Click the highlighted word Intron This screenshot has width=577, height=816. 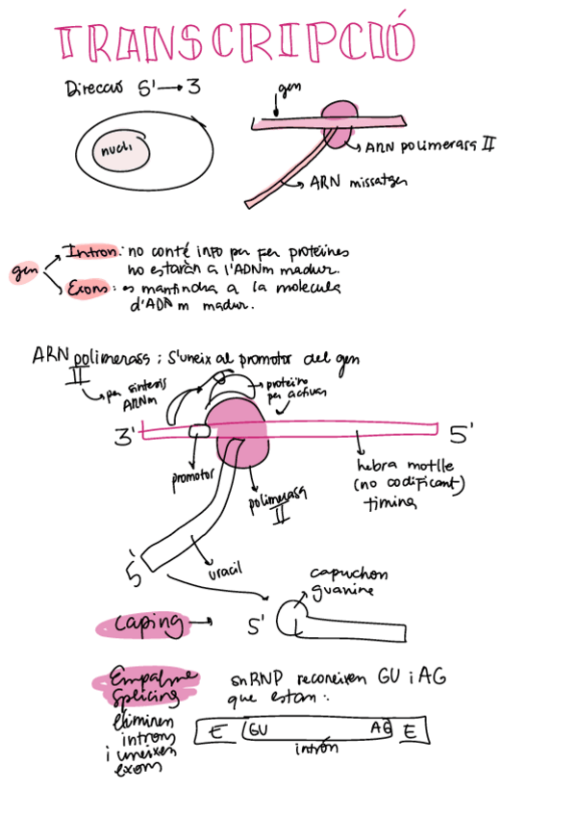tap(92, 252)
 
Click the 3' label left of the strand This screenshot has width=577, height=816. tap(126, 436)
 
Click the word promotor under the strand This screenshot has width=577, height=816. tap(191, 477)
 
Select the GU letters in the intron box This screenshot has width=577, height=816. tap(259, 730)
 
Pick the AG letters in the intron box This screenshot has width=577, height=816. tap(380, 730)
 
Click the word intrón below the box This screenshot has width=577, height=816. tap(316, 750)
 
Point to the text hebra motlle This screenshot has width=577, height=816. tap(394, 467)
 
